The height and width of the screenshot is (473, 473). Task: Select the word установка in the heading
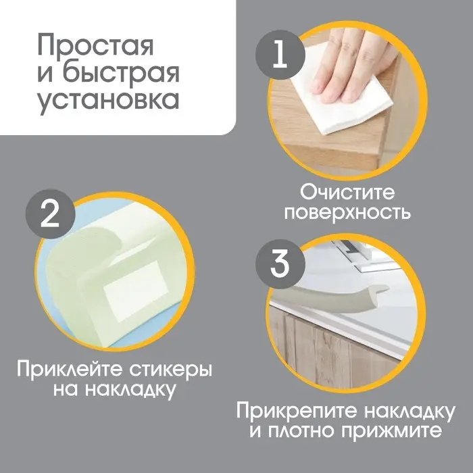pos(107,99)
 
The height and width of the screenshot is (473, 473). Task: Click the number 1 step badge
pos(278,55)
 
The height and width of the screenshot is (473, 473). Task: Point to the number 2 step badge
pos(48,217)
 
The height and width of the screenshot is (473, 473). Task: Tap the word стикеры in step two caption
pos(168,370)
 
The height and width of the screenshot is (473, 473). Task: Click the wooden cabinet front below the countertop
pos(324,351)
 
